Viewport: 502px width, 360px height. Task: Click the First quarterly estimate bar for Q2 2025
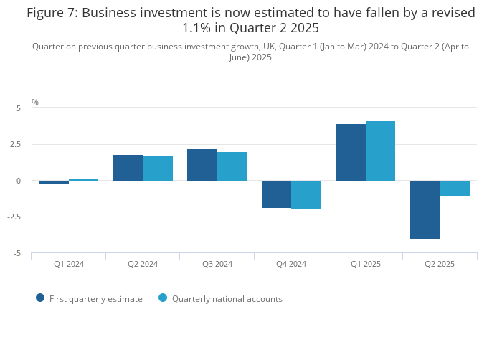pyautogui.click(x=425, y=209)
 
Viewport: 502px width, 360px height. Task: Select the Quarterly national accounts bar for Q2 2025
pyautogui.click(x=455, y=189)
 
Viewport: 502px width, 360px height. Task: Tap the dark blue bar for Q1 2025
pyautogui.click(x=351, y=152)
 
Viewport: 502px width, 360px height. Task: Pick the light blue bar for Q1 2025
pyautogui.click(x=380, y=151)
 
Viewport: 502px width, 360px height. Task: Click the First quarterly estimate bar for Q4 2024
pyautogui.click(x=276, y=194)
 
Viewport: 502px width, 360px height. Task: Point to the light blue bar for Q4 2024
pyautogui.click(x=306, y=195)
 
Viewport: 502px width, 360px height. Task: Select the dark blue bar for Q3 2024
pyautogui.click(x=202, y=165)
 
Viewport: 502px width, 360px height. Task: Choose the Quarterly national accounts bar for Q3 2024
pyautogui.click(x=232, y=166)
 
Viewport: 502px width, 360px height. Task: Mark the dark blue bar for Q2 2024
pyautogui.click(x=128, y=168)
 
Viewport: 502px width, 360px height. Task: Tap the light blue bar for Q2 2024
pyautogui.click(x=158, y=169)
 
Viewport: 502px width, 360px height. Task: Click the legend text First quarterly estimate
pyautogui.click(x=95, y=299)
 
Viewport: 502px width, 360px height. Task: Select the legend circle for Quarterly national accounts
pyautogui.click(x=163, y=298)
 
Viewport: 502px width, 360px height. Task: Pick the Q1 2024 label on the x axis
pyautogui.click(x=69, y=265)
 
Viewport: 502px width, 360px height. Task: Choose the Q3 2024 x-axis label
pyautogui.click(x=217, y=265)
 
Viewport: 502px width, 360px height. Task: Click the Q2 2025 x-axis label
pyautogui.click(x=440, y=265)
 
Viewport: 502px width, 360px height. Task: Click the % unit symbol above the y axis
pyautogui.click(x=35, y=103)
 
